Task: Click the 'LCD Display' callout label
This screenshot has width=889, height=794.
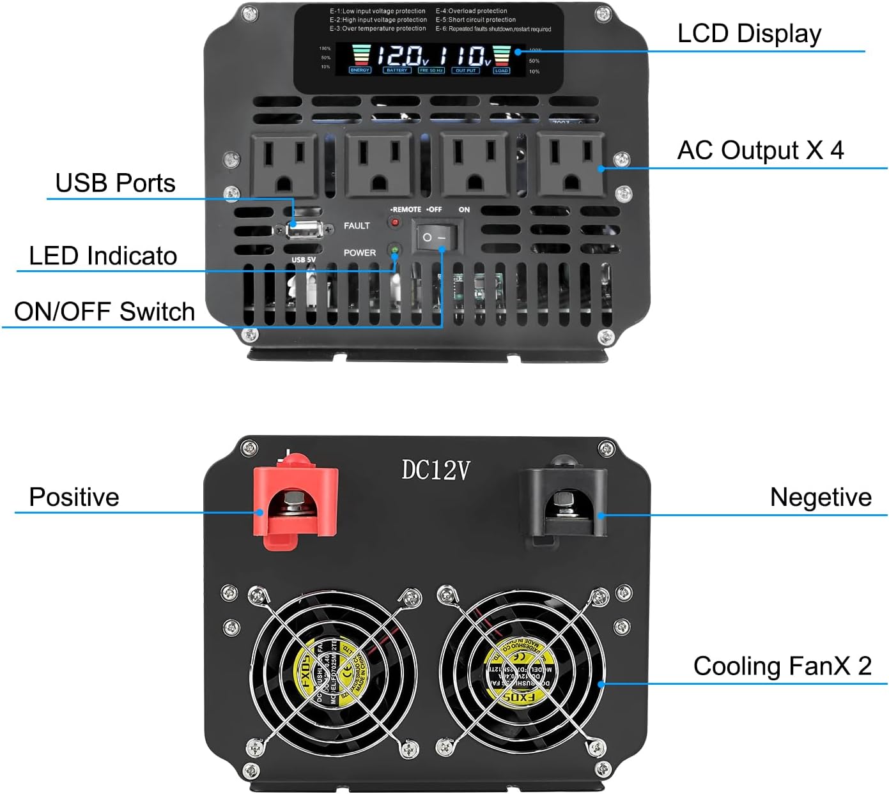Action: (x=749, y=34)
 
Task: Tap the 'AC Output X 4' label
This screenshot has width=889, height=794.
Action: (x=760, y=151)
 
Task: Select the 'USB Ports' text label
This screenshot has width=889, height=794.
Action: (x=115, y=183)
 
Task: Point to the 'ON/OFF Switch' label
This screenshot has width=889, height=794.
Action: (x=104, y=312)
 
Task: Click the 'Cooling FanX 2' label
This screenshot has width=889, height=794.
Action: (x=782, y=666)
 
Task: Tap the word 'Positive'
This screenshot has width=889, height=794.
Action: (x=74, y=497)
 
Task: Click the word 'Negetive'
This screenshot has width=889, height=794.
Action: (x=821, y=497)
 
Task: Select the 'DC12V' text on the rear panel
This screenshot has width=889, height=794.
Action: (x=436, y=470)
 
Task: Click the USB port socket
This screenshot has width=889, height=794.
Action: (x=303, y=229)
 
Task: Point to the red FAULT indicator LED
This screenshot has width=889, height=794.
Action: (x=395, y=223)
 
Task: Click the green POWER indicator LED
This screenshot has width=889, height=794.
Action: (x=395, y=250)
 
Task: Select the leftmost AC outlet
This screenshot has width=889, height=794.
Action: (x=284, y=165)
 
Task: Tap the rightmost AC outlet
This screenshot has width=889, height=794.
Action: (x=571, y=165)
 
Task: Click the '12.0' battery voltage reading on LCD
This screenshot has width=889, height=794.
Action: (x=399, y=56)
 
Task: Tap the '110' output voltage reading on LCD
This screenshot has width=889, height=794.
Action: (x=465, y=56)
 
